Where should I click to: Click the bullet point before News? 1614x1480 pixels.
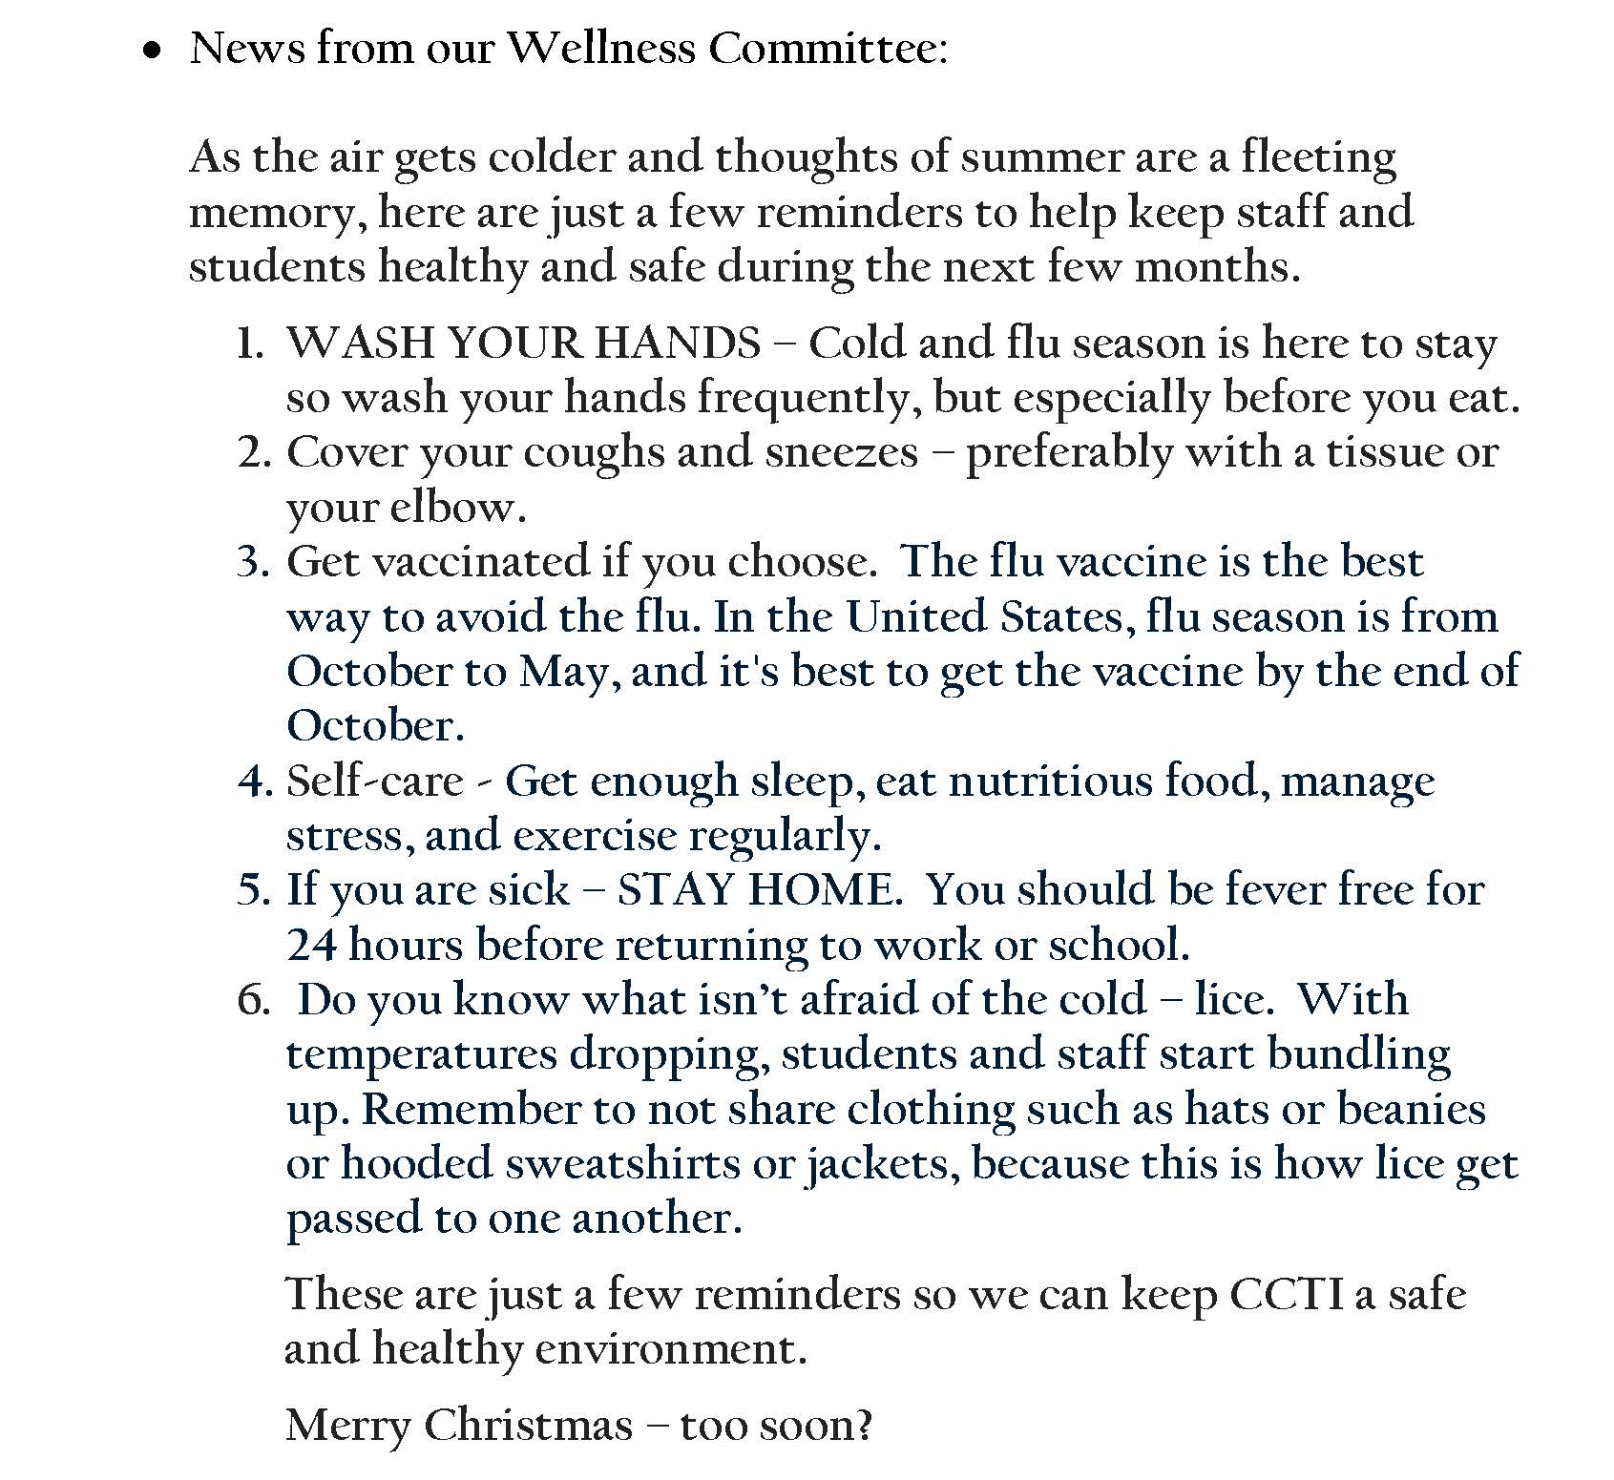coord(151,54)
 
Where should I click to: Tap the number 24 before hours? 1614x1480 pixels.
coord(311,946)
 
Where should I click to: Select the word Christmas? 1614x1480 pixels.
coord(528,1426)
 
